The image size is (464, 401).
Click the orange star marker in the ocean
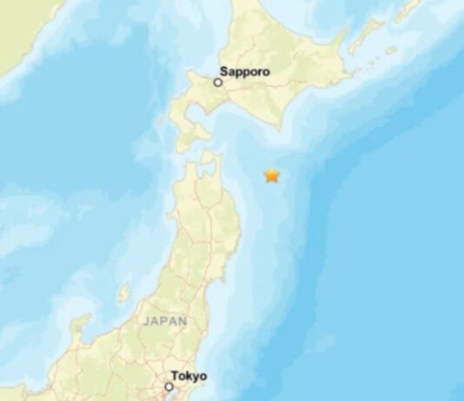point(272,175)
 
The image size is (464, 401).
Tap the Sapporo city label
point(245,73)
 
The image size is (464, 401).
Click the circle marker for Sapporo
point(218,82)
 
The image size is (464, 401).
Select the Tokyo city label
point(189,376)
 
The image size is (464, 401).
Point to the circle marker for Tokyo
point(169,386)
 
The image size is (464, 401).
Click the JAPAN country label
point(165,320)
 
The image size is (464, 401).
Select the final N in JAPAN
point(182,320)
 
